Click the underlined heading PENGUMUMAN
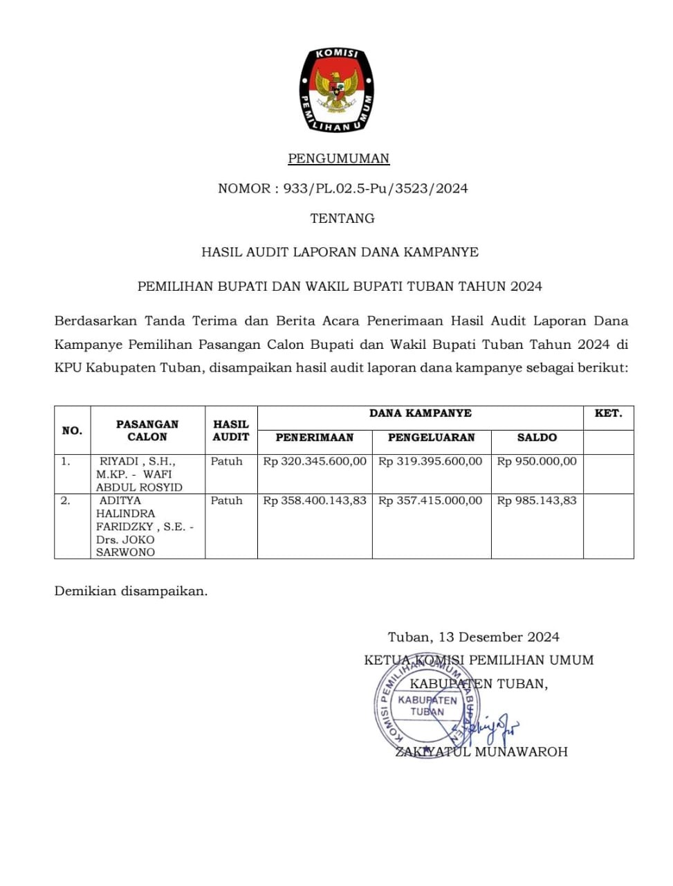338,159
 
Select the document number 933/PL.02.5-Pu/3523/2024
376,188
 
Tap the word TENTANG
342,218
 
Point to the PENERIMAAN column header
314,437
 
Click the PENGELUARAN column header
431,437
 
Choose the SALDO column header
537,437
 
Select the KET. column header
608,413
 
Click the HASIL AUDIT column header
230,431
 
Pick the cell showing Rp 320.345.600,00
315,462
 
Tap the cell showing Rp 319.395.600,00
430,462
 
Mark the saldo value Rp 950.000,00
537,462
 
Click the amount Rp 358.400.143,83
315,500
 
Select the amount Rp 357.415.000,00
430,500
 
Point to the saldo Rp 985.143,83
537,500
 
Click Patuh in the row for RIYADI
227,462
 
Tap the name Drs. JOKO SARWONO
126,546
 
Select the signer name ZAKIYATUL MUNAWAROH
481,752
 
